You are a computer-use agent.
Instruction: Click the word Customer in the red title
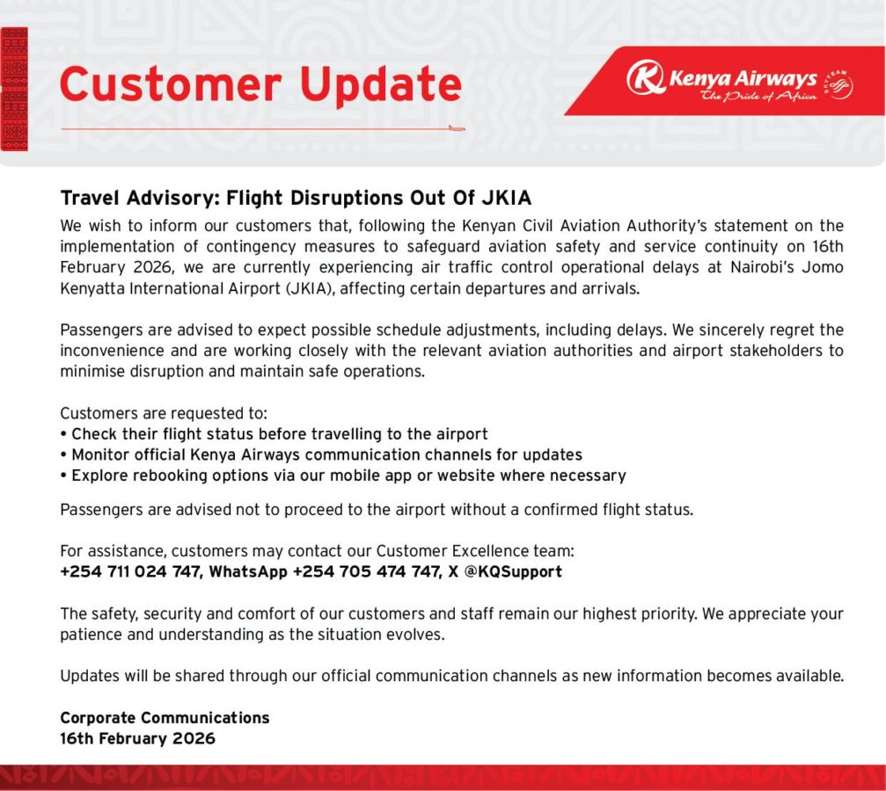[171, 83]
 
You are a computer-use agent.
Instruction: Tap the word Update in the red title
[381, 85]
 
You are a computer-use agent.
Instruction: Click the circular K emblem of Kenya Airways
[645, 76]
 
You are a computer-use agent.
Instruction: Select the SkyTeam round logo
[838, 84]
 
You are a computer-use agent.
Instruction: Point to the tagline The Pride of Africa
[758, 96]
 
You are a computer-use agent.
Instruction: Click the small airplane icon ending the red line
[457, 128]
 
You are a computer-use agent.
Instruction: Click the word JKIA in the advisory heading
[506, 198]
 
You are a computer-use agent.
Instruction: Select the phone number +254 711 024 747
[130, 571]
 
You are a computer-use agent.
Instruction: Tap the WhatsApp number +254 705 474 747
[366, 571]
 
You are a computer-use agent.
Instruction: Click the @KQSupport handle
[513, 572]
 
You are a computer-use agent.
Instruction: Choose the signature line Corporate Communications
[165, 717]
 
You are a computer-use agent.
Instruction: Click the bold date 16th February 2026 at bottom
[137, 738]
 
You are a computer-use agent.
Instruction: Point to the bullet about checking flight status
[274, 434]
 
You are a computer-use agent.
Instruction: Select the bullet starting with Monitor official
[321, 454]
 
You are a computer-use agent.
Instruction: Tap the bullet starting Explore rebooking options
[343, 475]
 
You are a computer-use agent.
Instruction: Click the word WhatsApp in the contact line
[248, 572]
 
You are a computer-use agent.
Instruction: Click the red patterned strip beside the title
[14, 89]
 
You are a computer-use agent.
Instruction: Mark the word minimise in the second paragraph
[92, 372]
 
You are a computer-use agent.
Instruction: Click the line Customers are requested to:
[164, 413]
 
